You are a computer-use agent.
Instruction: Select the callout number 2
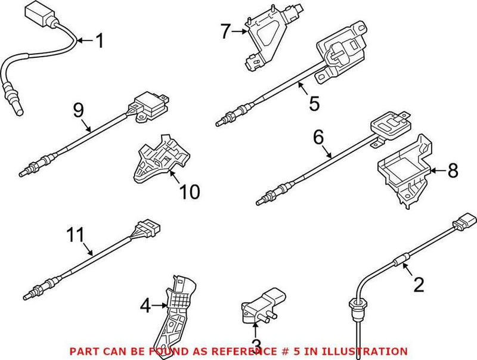coord(419,285)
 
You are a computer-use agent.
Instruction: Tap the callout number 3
coord(256,345)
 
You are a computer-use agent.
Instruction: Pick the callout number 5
coord(314,104)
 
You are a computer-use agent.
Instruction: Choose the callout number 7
coord(225,31)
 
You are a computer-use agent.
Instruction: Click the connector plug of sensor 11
coord(148,229)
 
